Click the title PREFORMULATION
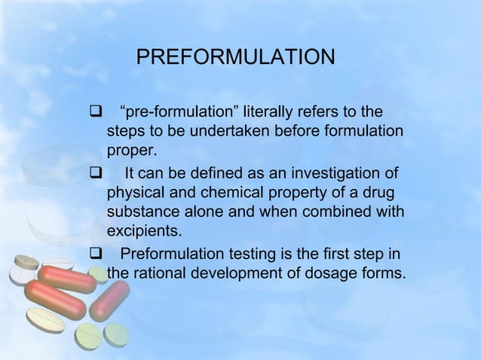[234, 57]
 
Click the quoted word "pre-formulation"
[170, 113]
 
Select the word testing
[248, 252]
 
